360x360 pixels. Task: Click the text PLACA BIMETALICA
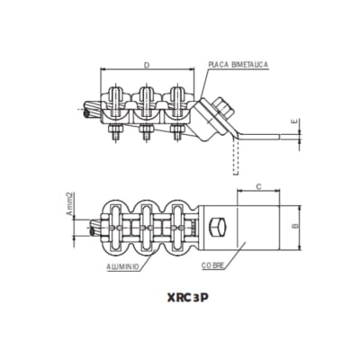(x=237, y=65)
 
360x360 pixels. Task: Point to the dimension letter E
(x=293, y=121)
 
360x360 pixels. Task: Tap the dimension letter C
(x=258, y=188)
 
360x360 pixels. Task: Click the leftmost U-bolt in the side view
(x=116, y=97)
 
